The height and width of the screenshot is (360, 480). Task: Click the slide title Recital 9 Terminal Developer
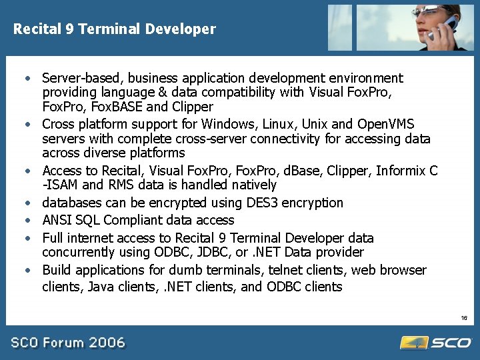click(x=115, y=29)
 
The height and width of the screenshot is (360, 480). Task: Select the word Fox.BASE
click(x=111, y=107)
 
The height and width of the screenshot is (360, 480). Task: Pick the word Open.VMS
click(x=385, y=124)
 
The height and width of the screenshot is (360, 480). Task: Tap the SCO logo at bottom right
click(x=437, y=342)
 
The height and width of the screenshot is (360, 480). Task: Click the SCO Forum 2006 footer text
click(x=68, y=343)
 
